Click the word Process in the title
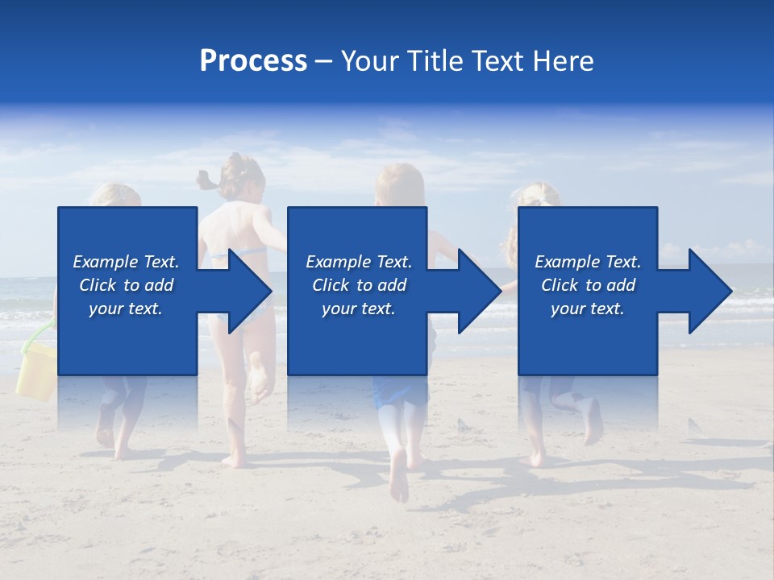253,61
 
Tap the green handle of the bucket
37,342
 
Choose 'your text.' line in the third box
587,309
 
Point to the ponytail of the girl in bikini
209,180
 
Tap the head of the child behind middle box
399,184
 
